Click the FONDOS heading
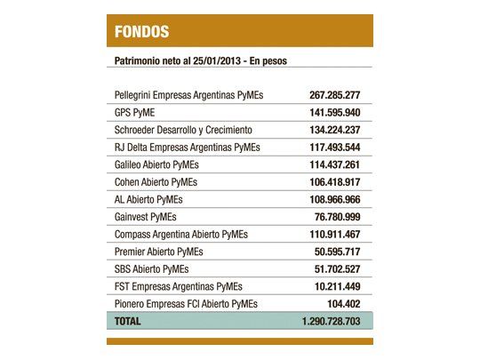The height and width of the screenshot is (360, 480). [141, 33]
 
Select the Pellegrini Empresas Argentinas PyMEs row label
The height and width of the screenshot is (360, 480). [188, 95]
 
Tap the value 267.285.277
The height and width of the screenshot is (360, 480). [329, 95]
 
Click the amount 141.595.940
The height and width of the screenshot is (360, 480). [329, 113]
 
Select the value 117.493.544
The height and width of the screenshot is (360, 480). [329, 148]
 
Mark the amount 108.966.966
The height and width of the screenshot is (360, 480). [329, 199]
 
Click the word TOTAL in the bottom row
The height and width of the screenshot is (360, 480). [128, 321]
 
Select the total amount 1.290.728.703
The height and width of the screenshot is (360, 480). [325, 321]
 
